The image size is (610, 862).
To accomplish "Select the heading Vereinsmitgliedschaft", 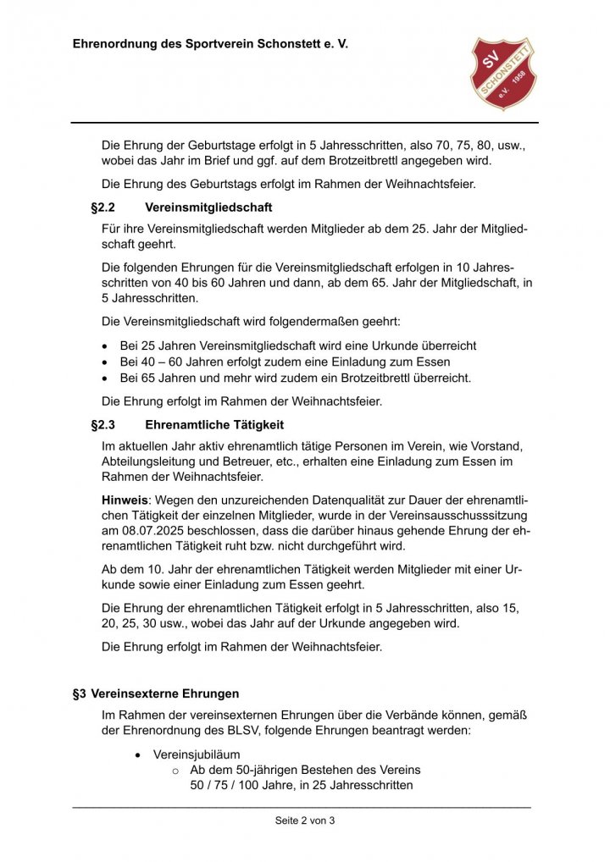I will [x=208, y=207].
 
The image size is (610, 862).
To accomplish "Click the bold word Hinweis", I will [x=125, y=500].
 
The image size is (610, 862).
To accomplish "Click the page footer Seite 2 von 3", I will [x=305, y=820].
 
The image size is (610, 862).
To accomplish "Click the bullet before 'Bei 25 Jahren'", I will [x=105, y=346].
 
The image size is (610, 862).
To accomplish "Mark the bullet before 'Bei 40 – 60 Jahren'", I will [x=105, y=362].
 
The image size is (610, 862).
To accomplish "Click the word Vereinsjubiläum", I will [x=197, y=754].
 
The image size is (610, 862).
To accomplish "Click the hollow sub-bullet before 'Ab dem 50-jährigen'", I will [x=176, y=771].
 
